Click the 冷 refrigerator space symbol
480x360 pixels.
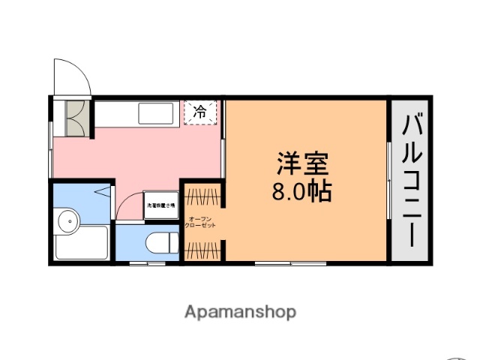click(200, 112)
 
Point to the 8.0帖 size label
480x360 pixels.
click(301, 192)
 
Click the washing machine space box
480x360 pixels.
click(160, 205)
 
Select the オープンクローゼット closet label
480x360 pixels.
click(202, 222)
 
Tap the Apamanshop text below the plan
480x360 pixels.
click(240, 310)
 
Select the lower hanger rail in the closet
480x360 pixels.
click(202, 247)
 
